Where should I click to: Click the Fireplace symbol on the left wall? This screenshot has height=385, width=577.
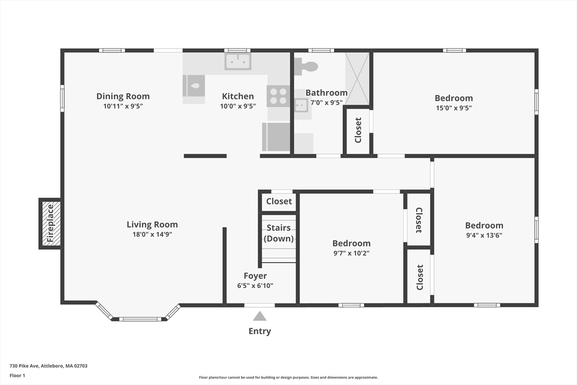pos(50,223)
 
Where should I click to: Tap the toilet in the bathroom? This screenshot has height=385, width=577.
pos(306,67)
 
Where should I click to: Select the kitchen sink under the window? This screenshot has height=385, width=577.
pos(238,61)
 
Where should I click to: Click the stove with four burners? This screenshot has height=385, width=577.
pos(278,96)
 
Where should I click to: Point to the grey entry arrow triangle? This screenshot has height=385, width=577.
pos(260,316)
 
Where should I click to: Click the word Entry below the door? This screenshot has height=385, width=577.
pos(260,331)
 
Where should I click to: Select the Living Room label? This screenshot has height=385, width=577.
pos(152,224)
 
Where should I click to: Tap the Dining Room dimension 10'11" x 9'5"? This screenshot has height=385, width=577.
pos(123,107)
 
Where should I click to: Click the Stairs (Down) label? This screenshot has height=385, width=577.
pos(279,233)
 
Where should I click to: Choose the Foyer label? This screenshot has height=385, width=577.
pos(255,276)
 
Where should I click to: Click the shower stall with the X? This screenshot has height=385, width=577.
pos(357,78)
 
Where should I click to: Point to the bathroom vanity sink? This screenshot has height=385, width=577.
pos(301,105)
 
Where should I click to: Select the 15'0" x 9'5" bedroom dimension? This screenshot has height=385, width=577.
pos(454,108)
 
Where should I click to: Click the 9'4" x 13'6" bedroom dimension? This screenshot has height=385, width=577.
pos(484,235)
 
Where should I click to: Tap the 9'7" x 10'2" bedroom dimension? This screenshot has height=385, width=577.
pos(352,253)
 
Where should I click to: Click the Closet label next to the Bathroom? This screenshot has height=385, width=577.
pos(358,130)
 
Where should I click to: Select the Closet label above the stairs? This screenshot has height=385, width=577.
pos(279,201)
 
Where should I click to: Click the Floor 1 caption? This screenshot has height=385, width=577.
pos(17,375)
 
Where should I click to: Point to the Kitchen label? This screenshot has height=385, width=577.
pos(238,96)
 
